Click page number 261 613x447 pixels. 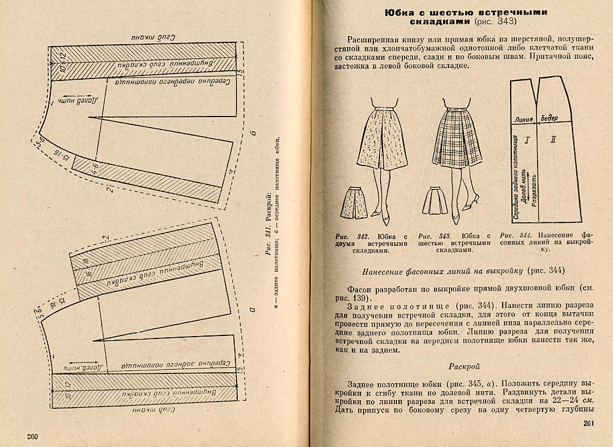coord(590,423)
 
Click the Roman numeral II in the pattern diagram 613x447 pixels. coord(553,140)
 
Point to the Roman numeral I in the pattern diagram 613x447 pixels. coord(526,140)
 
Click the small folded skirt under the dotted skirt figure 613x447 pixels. coord(354,203)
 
